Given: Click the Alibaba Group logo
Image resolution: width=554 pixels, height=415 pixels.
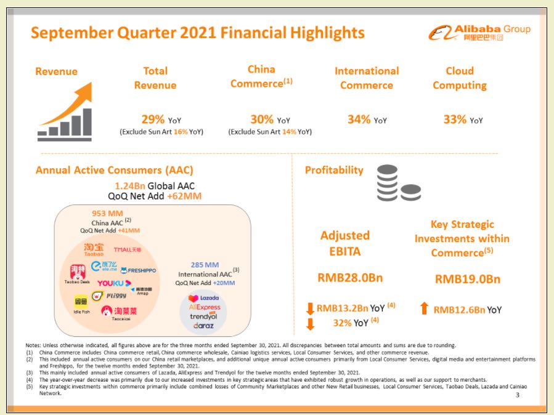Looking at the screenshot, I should tap(479, 33).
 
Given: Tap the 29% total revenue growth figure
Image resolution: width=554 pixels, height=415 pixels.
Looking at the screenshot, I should tap(153, 119).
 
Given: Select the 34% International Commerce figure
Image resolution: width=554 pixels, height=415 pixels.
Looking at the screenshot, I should tap(359, 119).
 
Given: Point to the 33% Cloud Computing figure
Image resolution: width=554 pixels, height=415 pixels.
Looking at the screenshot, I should tap(455, 119).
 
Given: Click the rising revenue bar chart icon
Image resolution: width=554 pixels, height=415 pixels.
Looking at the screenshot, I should tap(65, 112).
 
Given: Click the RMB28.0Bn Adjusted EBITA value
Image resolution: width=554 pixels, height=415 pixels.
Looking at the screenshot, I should tap(350, 278).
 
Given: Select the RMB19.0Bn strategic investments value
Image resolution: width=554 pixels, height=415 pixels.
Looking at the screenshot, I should tap(467, 279).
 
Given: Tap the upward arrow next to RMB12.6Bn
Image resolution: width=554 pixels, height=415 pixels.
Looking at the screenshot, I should tap(424, 309).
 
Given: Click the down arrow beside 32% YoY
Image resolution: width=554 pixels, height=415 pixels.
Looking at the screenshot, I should tap(310, 324).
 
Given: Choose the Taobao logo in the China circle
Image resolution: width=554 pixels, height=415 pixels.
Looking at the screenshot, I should tap(94, 249).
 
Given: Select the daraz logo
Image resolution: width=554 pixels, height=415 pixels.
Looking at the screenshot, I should tap(205, 324).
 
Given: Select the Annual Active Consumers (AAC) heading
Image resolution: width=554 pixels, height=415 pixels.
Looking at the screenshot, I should tap(114, 170).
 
